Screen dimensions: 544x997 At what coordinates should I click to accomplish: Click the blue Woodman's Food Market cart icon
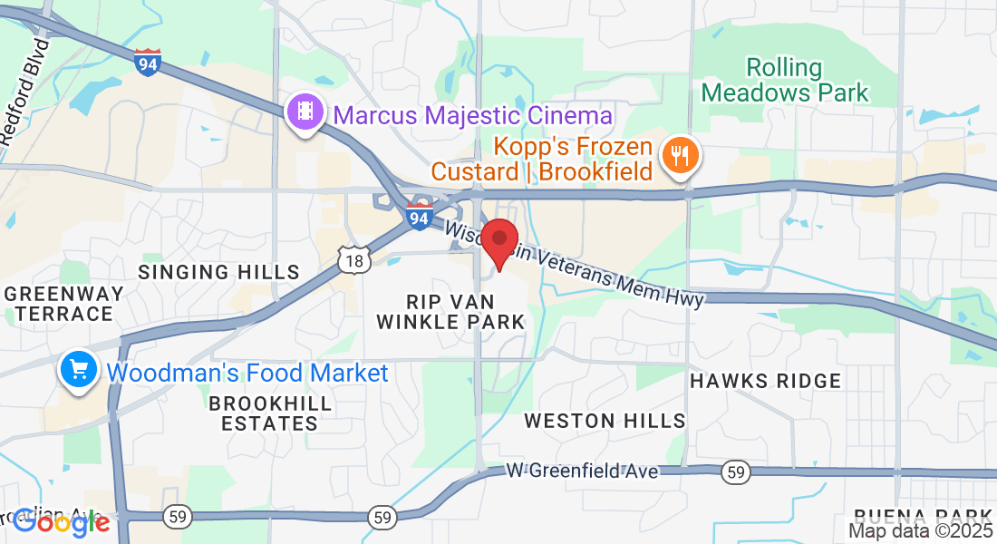tap(79, 370)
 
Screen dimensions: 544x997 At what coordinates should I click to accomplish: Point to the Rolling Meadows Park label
tap(785, 80)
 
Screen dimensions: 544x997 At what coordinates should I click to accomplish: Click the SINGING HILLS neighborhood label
tap(218, 272)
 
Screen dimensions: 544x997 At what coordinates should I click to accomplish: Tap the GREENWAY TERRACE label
tap(63, 303)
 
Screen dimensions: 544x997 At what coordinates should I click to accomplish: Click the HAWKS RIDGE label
tap(766, 381)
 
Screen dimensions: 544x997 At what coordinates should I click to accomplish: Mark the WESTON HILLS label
tap(605, 421)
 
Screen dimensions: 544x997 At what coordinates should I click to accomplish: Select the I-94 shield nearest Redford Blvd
tap(148, 62)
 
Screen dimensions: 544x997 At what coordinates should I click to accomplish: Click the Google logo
tap(61, 521)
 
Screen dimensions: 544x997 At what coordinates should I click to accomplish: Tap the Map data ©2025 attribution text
tap(920, 531)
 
